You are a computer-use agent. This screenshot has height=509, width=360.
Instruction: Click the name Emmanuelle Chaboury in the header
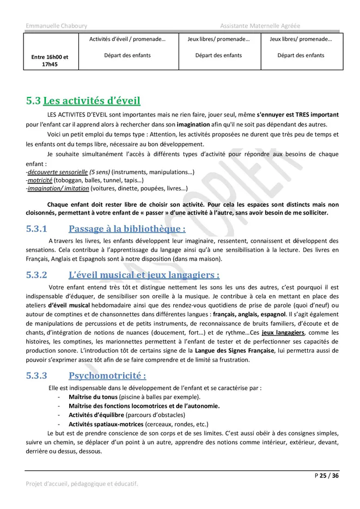56,26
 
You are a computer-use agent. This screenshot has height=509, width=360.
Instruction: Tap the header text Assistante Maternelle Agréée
260,26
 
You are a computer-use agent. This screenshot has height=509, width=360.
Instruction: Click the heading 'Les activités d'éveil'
91,101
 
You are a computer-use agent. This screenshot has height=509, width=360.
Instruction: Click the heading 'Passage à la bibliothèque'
127,229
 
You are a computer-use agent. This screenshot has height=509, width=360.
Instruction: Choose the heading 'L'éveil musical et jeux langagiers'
144,275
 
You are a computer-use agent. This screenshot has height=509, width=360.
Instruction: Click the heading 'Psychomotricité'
107,376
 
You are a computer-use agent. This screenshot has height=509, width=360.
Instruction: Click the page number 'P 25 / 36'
327,476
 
